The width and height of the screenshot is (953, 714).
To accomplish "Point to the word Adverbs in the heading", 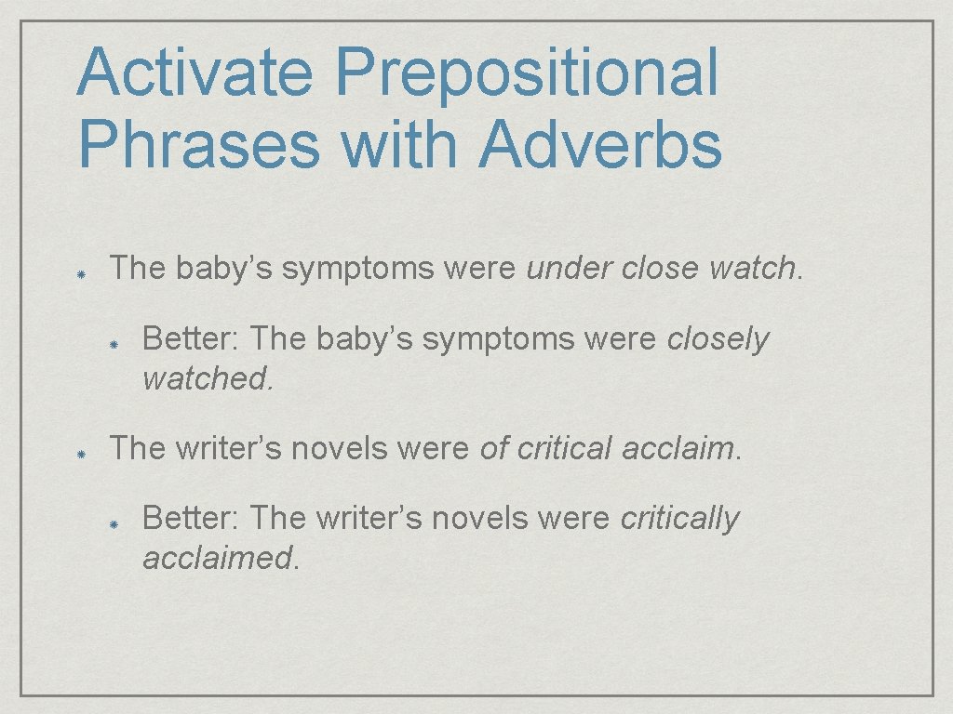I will [600, 145].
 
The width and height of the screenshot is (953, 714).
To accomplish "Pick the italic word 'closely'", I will [718, 340].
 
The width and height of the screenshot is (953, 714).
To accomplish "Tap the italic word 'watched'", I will [206, 378].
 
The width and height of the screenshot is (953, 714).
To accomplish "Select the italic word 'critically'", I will [679, 519].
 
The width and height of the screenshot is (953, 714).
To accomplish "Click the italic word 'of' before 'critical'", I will [493, 448].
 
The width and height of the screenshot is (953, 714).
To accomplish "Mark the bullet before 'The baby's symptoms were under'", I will [82, 276].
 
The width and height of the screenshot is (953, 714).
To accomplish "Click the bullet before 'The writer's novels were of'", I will [82, 456].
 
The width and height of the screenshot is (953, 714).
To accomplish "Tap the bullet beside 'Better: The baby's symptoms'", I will [114, 344].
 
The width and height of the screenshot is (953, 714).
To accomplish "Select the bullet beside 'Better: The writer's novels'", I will [114, 523].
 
